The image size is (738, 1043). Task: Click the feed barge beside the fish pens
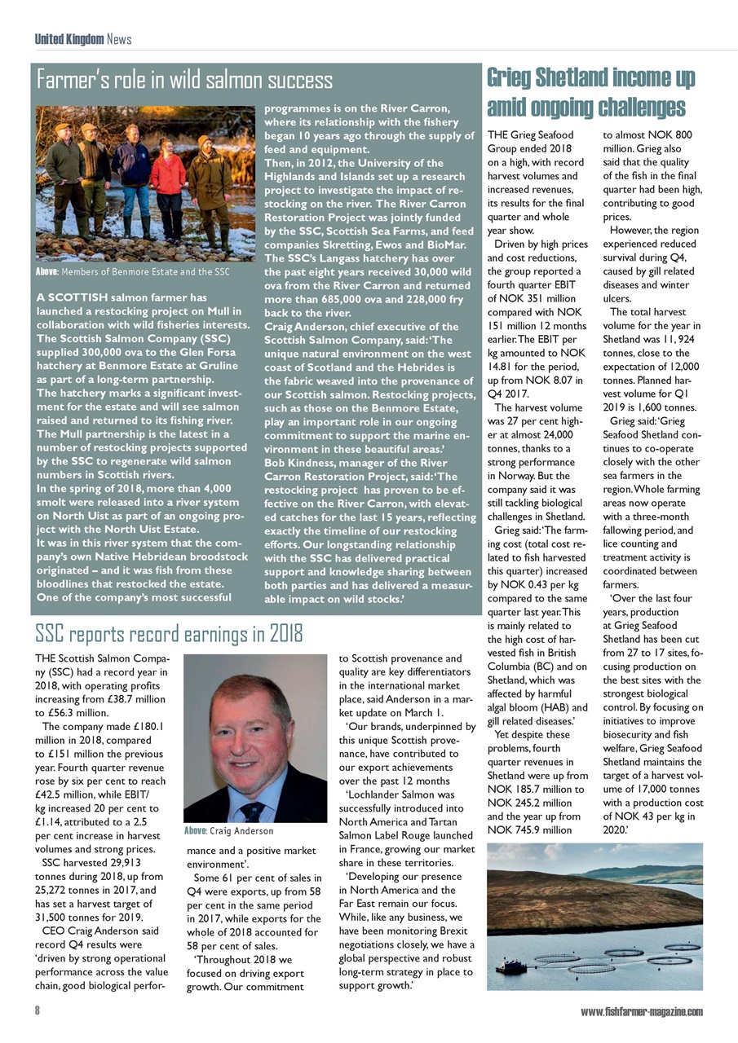[x=508, y=967]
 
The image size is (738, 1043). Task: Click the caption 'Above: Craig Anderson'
[x=228, y=831]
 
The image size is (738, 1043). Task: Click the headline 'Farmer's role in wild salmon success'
[x=185, y=81]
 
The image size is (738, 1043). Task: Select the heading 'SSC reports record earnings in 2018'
[x=169, y=632]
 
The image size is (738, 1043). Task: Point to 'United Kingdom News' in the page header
[x=82, y=39]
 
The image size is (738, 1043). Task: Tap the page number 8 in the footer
[x=38, y=1011]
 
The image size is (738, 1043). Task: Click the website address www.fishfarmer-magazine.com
[x=641, y=1011]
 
